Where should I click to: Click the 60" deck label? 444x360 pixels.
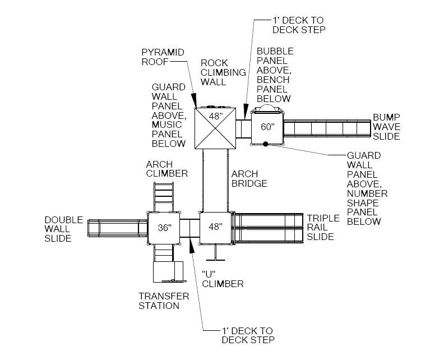point(268,127)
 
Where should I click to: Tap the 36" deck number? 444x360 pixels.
point(164,228)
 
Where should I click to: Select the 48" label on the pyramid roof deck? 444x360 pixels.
point(216,116)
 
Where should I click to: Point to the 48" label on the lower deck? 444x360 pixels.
point(216,227)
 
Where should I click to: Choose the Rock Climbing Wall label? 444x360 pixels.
point(223,72)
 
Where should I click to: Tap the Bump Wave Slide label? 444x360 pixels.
point(387,127)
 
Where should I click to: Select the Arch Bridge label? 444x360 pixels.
point(249,178)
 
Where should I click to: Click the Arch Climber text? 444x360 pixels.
point(166,169)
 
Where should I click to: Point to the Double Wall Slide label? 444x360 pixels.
point(63,229)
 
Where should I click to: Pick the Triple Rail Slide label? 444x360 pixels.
point(323,227)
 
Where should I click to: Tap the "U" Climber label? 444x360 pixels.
point(223,278)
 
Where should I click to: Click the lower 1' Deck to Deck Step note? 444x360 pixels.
point(248,335)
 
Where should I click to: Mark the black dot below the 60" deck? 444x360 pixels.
point(266,144)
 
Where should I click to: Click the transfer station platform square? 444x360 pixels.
point(168,271)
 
